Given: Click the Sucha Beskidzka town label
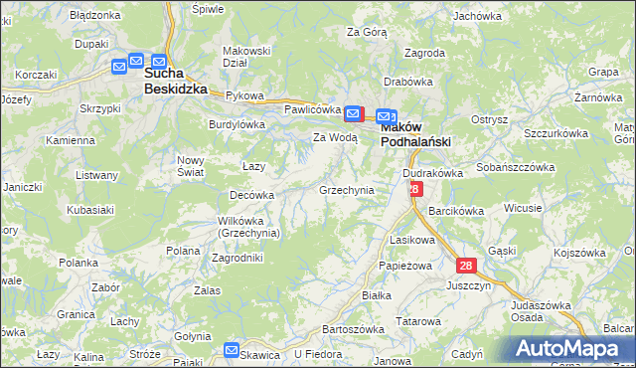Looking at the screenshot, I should pos(175,81).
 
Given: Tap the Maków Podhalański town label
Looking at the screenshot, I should pos(416,134).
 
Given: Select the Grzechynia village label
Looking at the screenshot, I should pos(346,189).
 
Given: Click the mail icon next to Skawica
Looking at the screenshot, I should pos(232,350).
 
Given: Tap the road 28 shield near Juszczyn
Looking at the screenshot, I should pos(466,266).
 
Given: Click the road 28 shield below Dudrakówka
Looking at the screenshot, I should pos(415,188).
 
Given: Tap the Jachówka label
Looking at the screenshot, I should pos(477,16).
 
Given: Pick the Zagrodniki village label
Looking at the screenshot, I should pos(238,257).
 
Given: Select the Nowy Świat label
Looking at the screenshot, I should pos(190,166).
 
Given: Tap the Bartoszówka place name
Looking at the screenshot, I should pos(353,328).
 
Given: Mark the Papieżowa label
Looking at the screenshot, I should pos(403,267).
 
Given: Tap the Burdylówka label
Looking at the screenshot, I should pos(237,124).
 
